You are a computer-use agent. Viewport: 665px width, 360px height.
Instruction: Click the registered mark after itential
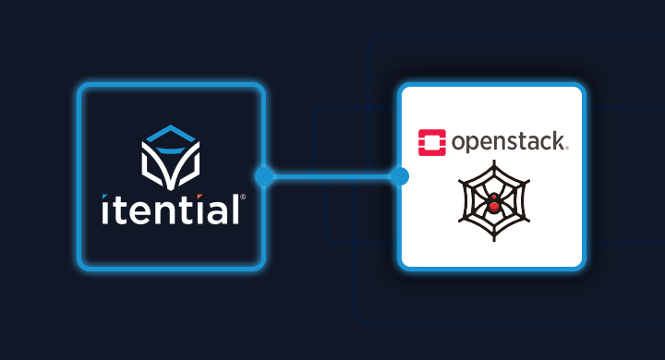click(243, 197)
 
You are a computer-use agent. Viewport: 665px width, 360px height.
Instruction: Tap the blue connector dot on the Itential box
click(264, 176)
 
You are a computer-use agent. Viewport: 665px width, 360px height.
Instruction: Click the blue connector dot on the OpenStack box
click(399, 176)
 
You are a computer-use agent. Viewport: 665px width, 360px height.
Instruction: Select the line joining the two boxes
click(332, 176)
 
